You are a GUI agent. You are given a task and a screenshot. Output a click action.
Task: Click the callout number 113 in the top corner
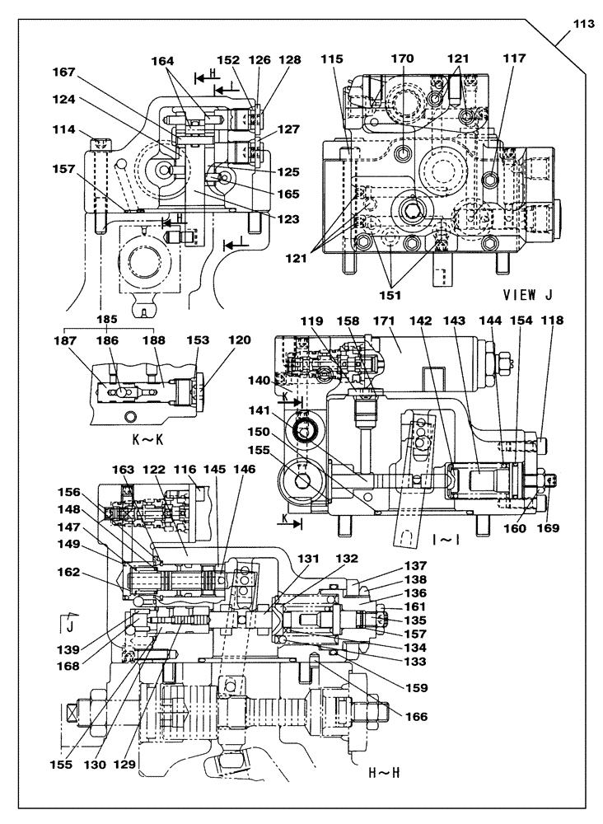(582, 24)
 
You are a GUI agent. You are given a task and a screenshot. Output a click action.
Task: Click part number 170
(403, 59)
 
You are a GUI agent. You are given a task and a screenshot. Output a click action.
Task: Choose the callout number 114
(64, 130)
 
